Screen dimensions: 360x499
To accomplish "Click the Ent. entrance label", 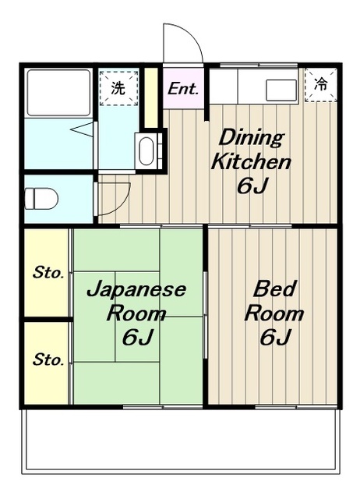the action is [x=183, y=88].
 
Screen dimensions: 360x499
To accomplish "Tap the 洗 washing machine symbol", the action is [x=118, y=88].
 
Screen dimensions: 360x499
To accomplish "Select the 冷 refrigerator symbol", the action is [x=320, y=85].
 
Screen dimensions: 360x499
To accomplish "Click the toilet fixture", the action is [x=41, y=199].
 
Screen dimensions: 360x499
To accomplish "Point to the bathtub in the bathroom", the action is [x=58, y=93].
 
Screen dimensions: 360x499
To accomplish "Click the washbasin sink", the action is [x=146, y=150].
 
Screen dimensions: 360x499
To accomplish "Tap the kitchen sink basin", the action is [x=281, y=90].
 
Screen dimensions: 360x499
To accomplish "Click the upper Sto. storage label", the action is [x=48, y=272].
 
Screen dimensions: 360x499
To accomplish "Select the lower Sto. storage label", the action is [x=48, y=359].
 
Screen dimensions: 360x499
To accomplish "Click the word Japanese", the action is [x=136, y=289].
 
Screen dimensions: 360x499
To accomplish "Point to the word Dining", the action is [x=251, y=137].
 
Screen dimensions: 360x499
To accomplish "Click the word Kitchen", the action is [x=251, y=161].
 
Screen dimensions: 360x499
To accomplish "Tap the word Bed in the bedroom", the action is [x=274, y=288].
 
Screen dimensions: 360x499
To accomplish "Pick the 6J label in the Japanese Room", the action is [x=137, y=337].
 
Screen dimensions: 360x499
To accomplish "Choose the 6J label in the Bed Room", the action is [x=275, y=337].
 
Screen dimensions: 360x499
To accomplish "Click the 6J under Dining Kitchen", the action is [x=251, y=186].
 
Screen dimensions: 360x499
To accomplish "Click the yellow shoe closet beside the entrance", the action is [x=152, y=97].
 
